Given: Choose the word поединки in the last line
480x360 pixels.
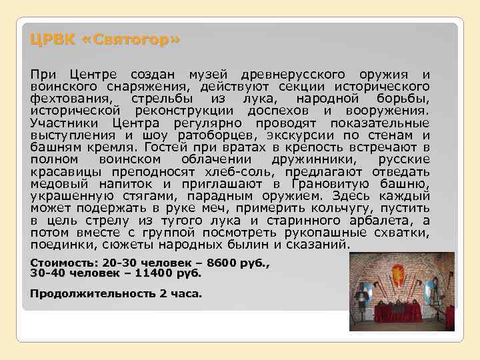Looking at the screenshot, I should (58, 245).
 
